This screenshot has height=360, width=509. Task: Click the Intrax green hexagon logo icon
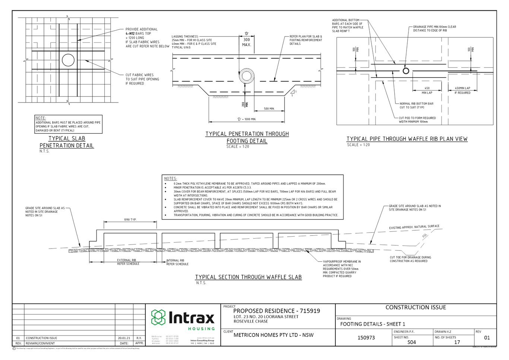click(158, 317)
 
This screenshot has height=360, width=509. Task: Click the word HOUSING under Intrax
click(201, 329)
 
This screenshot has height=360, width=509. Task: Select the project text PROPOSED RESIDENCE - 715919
click(276, 311)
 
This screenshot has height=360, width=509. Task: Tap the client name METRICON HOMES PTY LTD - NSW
click(273, 335)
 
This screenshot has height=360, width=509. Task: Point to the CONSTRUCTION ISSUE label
click(415, 307)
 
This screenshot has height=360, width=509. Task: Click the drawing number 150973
click(366, 338)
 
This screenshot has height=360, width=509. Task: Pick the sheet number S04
click(411, 342)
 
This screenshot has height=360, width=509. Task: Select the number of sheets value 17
click(457, 342)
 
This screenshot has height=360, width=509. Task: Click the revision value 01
click(487, 338)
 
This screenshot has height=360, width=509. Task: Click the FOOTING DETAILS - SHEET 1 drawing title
click(372, 324)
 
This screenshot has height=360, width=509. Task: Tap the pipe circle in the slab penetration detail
click(68, 60)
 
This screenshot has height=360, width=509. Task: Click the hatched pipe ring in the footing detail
click(246, 76)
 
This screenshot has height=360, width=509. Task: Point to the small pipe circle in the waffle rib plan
click(406, 71)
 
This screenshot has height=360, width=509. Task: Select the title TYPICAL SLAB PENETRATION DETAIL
click(67, 142)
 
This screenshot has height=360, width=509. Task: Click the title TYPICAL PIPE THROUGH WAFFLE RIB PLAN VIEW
click(407, 139)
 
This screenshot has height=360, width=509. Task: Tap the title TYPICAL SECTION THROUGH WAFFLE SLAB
click(249, 277)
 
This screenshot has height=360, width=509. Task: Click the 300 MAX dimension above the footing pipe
click(246, 42)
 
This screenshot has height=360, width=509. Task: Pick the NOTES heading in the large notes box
click(170, 179)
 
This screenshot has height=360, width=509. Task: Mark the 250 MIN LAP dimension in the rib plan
click(427, 90)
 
